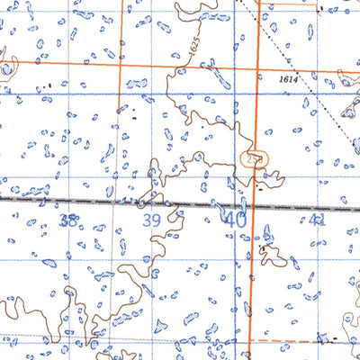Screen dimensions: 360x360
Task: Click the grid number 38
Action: (67, 220)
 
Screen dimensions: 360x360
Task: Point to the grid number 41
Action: (317, 220)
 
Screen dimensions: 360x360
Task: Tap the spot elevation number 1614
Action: (288, 80)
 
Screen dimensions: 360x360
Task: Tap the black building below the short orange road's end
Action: (134, 116)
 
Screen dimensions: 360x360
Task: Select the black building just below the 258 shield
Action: (262, 190)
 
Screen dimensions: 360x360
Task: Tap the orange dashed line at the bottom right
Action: (288, 342)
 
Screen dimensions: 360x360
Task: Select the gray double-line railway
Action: (108, 202)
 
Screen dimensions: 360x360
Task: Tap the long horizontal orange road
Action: (180, 64)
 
